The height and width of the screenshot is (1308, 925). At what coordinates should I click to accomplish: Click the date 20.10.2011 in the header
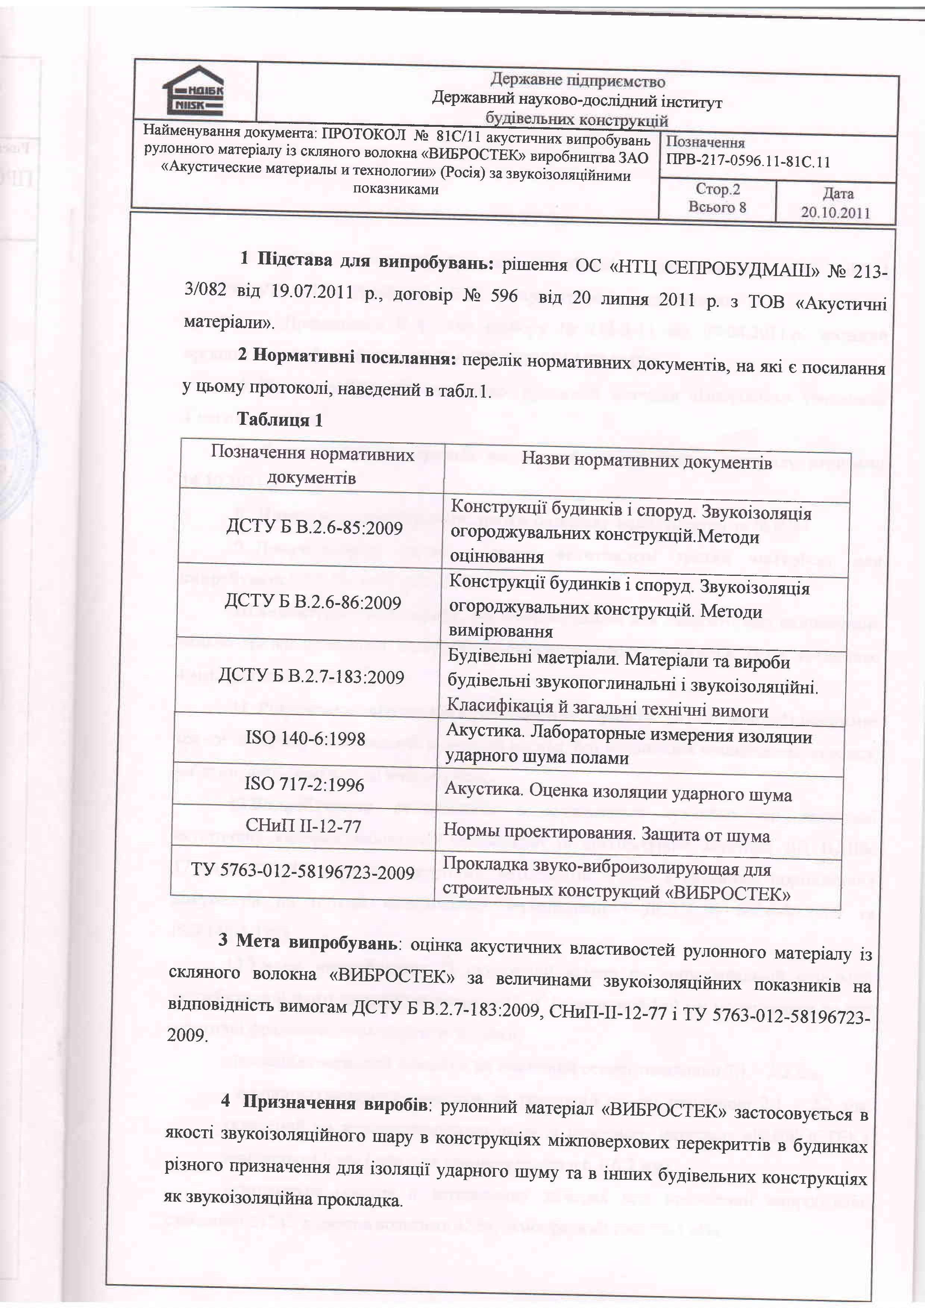pyautogui.click(x=835, y=213)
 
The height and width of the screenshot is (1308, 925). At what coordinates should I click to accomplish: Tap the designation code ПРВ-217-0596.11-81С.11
pyautogui.click(x=747, y=162)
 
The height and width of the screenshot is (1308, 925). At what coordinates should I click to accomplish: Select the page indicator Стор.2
pyautogui.click(x=717, y=189)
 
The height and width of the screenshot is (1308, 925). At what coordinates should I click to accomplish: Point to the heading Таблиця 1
pyautogui.click(x=280, y=420)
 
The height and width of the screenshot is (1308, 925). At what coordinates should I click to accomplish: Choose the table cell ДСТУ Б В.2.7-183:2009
pyautogui.click(x=311, y=677)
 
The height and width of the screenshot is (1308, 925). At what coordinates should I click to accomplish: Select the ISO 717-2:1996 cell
pyautogui.click(x=304, y=785)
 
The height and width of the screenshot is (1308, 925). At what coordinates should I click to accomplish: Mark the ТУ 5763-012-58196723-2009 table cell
pyautogui.click(x=302, y=872)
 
